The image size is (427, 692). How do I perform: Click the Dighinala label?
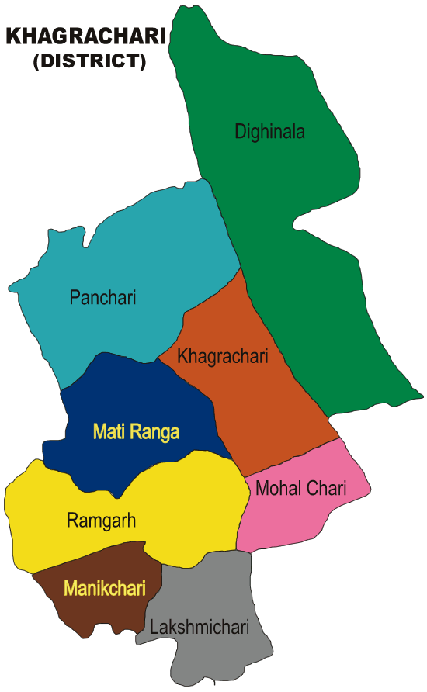pyautogui.click(x=269, y=132)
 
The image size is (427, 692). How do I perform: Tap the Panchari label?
pyautogui.click(x=102, y=297)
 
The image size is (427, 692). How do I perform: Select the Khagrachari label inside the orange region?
pyautogui.click(x=223, y=357)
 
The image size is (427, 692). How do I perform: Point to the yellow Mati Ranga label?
pyautogui.click(x=136, y=431)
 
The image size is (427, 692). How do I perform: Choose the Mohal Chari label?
pyautogui.click(x=300, y=488)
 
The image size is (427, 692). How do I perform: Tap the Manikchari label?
pyautogui.click(x=105, y=589)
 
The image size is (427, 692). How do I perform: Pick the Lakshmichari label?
pyautogui.click(x=200, y=627)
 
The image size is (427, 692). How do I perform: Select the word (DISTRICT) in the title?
pyautogui.click(x=89, y=62)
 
